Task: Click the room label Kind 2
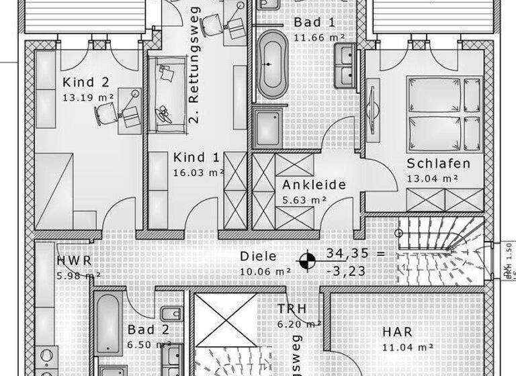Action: click(x=86, y=83)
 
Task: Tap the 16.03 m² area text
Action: click(x=198, y=173)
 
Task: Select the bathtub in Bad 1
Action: click(x=273, y=64)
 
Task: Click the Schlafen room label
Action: click(x=438, y=164)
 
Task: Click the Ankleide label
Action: click(x=314, y=185)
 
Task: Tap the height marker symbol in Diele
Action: click(x=306, y=261)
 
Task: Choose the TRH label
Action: click(x=292, y=309)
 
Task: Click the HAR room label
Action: click(x=398, y=332)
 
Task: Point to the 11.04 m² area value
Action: click(x=407, y=347)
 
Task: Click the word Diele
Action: click(x=258, y=256)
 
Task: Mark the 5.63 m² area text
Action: click(x=304, y=199)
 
